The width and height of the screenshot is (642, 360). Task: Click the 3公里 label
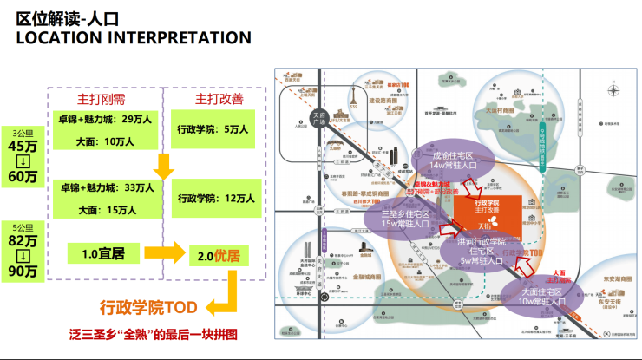(23, 134)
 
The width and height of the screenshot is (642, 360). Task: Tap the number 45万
(23, 147)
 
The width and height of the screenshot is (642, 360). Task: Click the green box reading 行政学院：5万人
(213, 129)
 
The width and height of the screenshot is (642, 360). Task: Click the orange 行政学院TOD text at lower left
(148, 307)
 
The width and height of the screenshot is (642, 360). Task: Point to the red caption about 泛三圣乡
(154, 334)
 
